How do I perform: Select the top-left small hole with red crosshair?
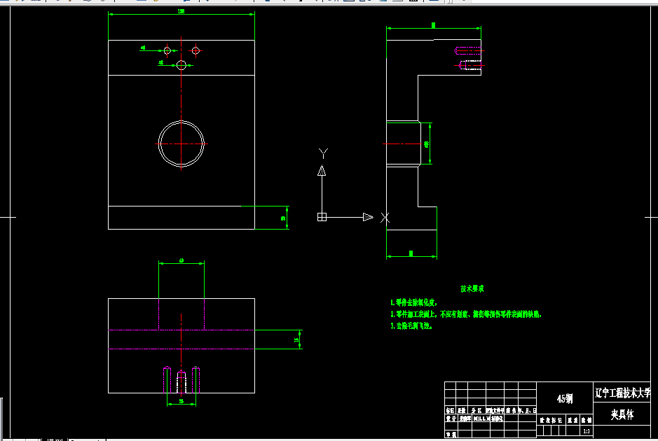167,50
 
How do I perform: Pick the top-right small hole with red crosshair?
196,50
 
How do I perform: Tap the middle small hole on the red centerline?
181,64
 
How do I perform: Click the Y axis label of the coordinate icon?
323,152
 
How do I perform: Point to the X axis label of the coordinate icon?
385,217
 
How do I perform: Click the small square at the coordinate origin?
322,217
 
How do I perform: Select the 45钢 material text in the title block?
564,398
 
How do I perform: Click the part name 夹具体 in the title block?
621,414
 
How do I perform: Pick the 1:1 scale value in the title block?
586,431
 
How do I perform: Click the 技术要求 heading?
472,288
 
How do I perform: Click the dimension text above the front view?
181,12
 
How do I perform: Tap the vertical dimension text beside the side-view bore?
427,143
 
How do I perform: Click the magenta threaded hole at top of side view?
469,50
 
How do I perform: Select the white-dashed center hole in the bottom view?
181,381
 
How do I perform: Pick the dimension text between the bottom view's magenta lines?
296,339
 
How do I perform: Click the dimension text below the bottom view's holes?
181,402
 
